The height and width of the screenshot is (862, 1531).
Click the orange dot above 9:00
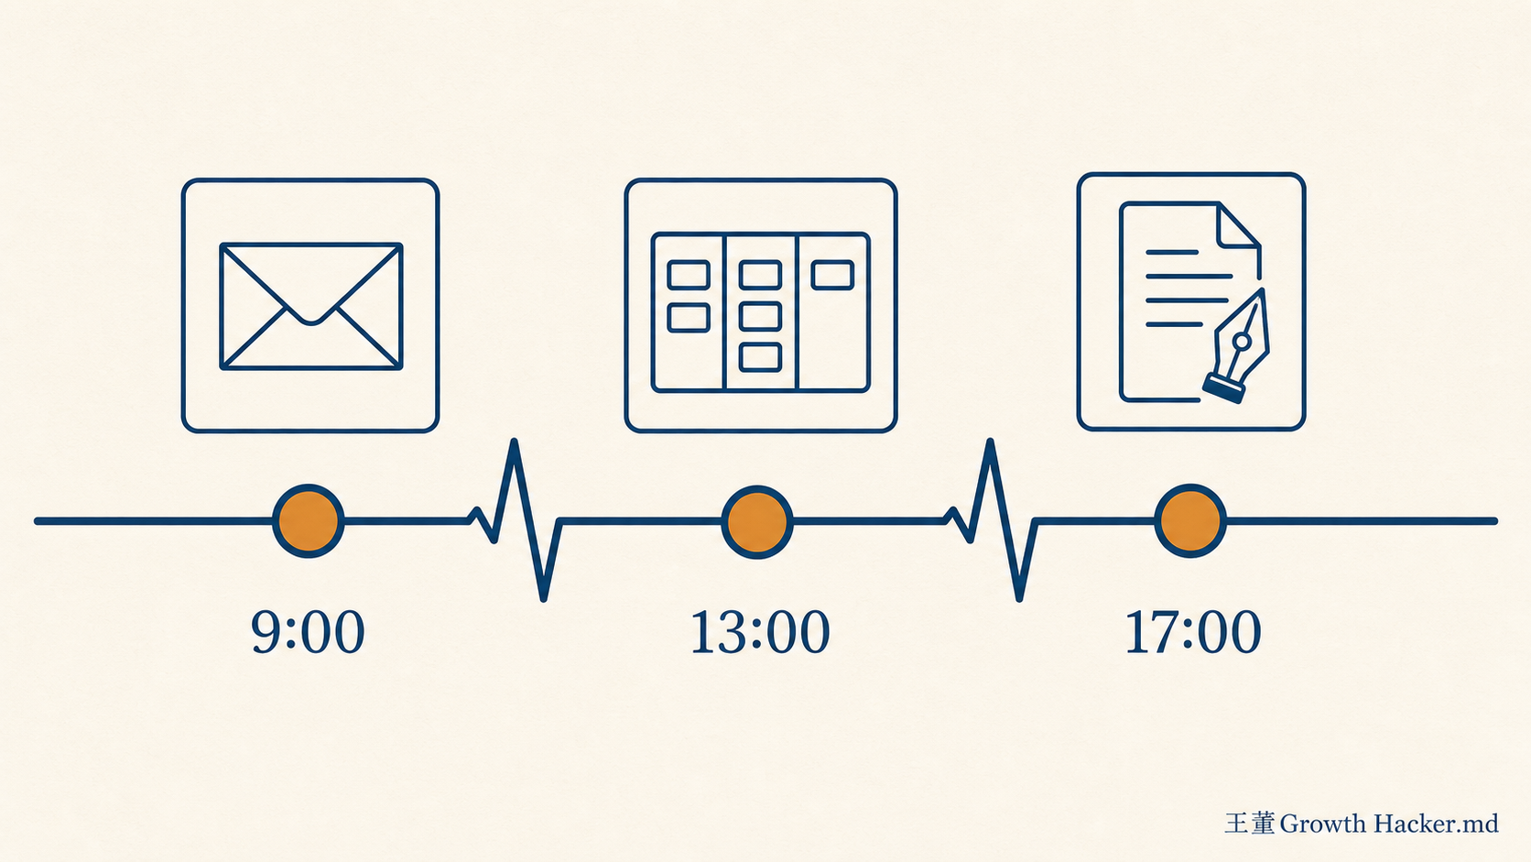tap(309, 521)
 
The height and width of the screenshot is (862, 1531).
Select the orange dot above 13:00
tap(757, 521)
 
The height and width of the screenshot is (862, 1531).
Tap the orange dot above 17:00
tap(1190, 521)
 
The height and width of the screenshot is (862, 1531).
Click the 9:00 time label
tap(308, 632)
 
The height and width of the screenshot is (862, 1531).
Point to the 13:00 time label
tap(760, 632)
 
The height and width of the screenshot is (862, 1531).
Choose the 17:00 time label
tap(1193, 632)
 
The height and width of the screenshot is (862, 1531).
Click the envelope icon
tap(311, 306)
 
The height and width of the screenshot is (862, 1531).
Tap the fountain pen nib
tap(1237, 346)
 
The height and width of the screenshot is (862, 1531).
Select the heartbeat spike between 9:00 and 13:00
tap(516, 519)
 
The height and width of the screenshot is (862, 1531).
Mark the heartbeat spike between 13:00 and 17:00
tap(991, 519)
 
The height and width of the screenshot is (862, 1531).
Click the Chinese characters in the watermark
tap(1250, 823)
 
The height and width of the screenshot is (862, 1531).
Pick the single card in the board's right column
tap(832, 275)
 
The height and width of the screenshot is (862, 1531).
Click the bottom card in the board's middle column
tap(760, 357)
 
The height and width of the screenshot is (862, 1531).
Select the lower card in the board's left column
tap(689, 318)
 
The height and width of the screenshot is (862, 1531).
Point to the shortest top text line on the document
tap(1171, 252)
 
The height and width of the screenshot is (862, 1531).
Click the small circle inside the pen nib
tap(1243, 341)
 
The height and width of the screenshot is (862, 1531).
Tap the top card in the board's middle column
tap(760, 275)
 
